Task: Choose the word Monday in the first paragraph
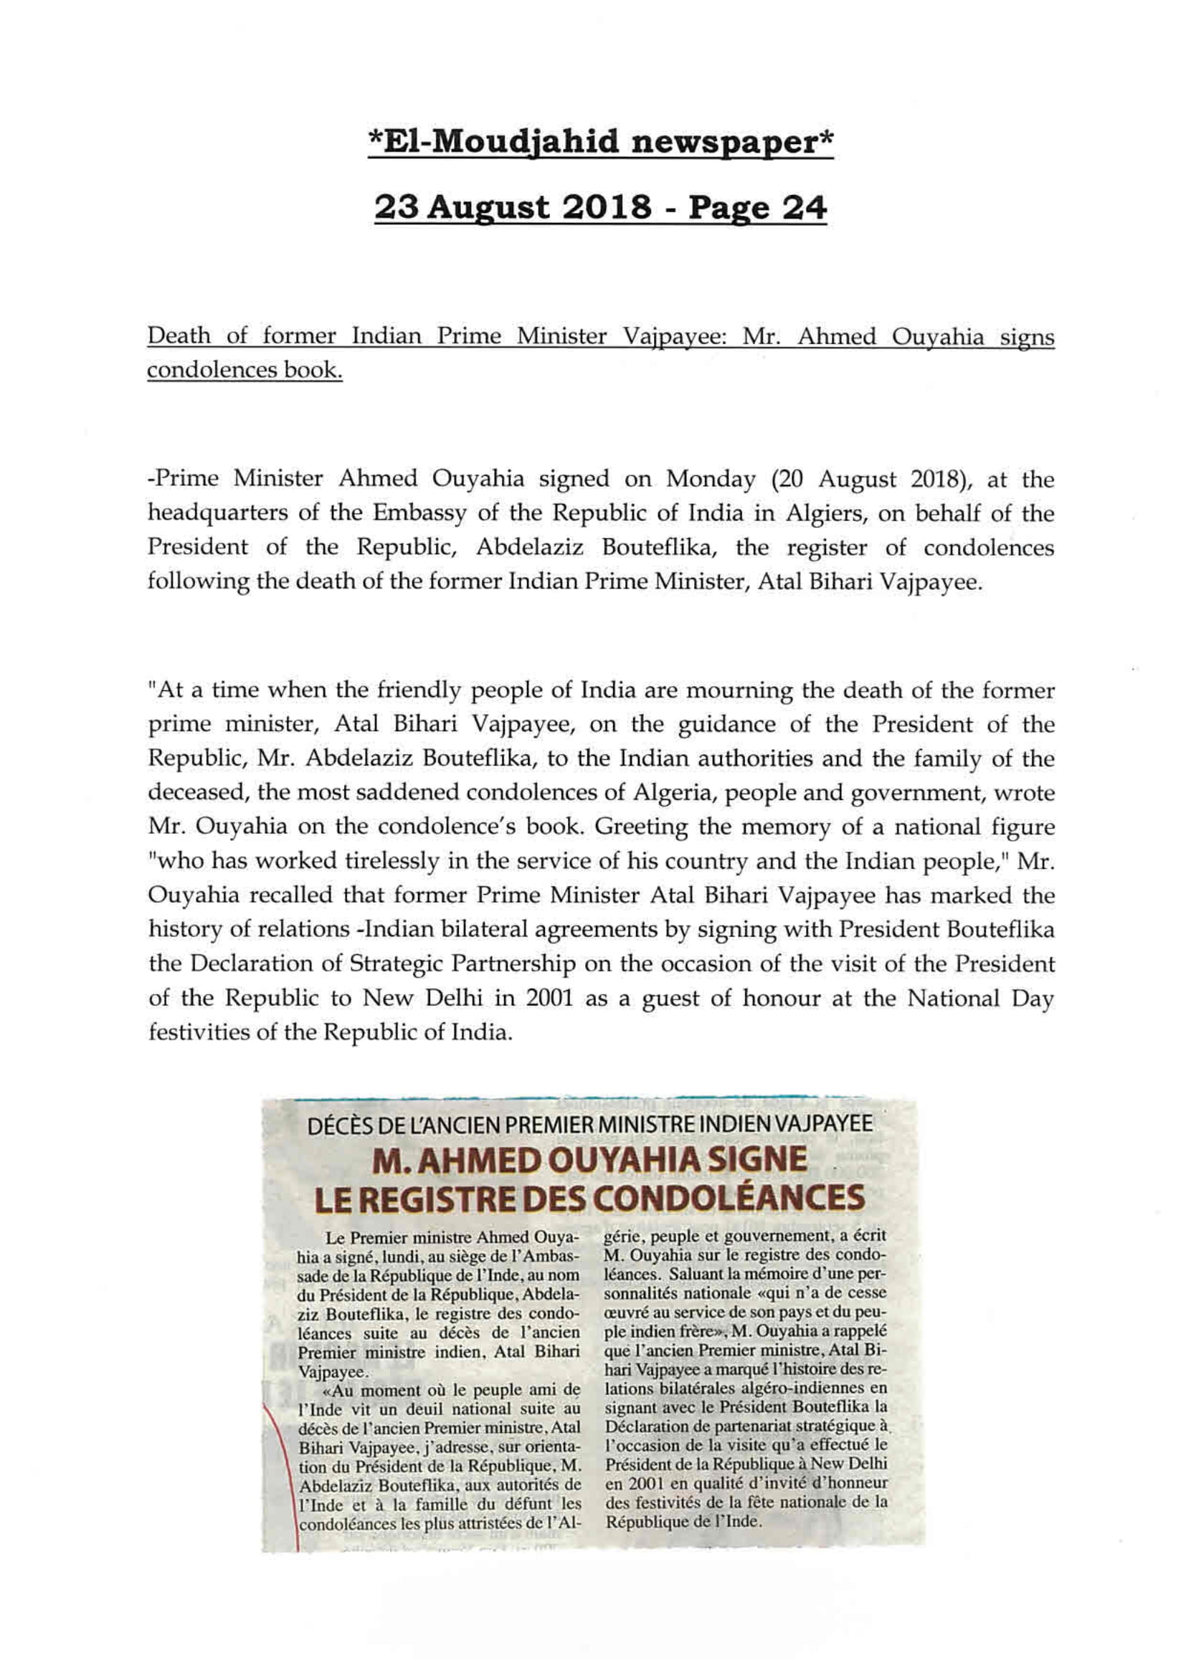coord(709,479)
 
